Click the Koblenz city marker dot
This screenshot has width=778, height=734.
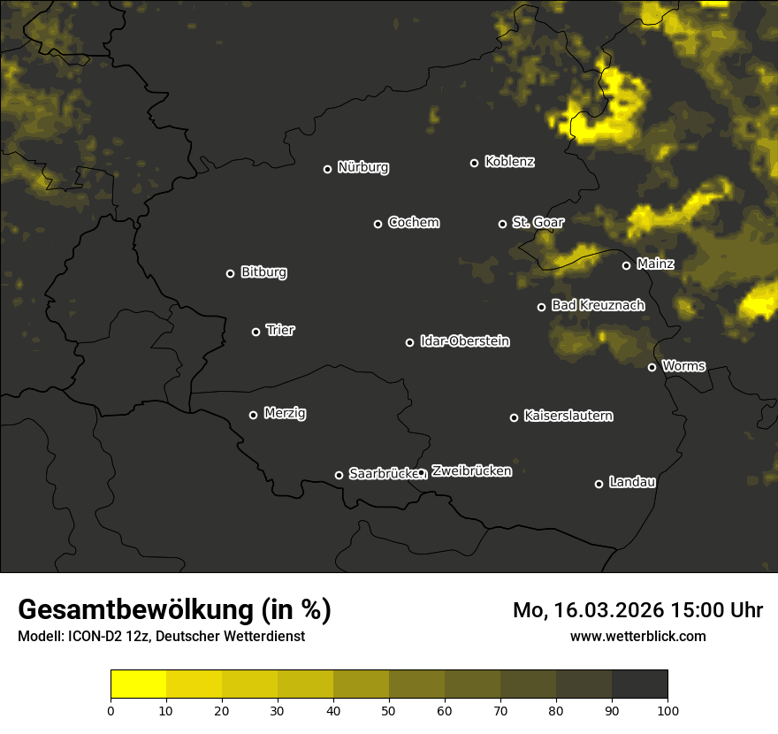click(474, 163)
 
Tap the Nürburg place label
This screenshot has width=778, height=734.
click(363, 167)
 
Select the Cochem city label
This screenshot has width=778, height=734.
click(413, 222)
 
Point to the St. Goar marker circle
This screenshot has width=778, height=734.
click(502, 224)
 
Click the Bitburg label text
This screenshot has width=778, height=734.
click(263, 272)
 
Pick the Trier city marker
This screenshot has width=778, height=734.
click(256, 332)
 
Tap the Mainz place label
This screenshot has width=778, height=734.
click(655, 264)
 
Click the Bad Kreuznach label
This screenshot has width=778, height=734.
click(598, 305)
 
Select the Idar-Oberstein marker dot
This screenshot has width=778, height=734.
click(409, 342)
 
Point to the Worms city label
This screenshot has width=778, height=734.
click(683, 365)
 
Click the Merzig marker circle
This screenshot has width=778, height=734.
click(253, 415)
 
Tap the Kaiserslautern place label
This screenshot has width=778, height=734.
click(568, 416)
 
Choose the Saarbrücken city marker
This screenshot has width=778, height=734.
click(339, 475)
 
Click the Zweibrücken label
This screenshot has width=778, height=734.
click(471, 471)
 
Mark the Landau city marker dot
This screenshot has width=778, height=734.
click(599, 484)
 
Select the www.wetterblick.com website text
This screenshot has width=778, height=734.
click(638, 636)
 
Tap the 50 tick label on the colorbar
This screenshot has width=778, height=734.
click(389, 709)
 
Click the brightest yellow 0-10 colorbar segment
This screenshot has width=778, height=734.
click(138, 684)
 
